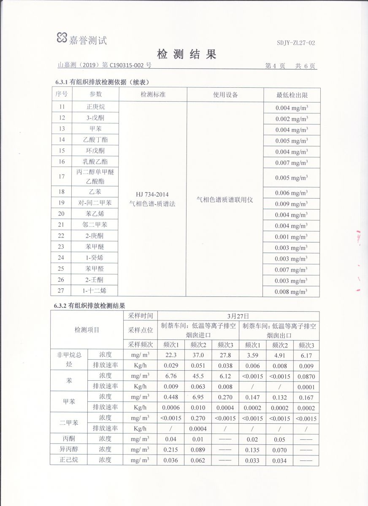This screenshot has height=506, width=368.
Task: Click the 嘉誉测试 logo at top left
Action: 82,39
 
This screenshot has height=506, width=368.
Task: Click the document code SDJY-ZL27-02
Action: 296,43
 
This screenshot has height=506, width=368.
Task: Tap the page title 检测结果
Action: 186,54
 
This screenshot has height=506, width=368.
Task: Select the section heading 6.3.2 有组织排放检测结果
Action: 90,306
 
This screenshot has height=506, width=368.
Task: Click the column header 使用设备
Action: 225,95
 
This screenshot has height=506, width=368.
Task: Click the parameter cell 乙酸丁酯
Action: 95,140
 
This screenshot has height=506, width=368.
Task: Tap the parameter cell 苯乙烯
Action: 95,214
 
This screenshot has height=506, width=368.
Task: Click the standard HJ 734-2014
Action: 152,194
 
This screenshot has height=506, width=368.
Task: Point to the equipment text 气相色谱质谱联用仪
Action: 225,199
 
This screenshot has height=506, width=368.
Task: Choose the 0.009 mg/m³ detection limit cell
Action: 292,204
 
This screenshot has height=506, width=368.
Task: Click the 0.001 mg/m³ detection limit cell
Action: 292,237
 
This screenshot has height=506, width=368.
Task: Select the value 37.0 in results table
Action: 198,355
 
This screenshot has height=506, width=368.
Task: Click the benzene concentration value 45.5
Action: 198,376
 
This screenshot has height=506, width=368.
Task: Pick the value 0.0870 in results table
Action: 306,376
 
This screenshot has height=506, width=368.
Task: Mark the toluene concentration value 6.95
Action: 198,397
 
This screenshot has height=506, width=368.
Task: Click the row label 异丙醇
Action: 69,449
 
